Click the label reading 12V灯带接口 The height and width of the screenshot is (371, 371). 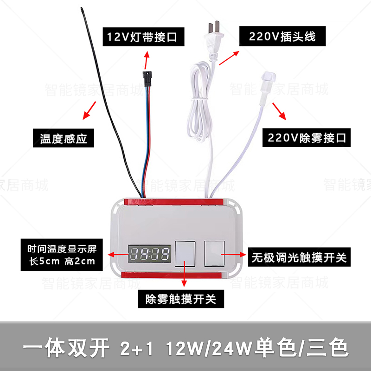(x=142, y=36)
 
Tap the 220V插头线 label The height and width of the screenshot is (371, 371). (x=281, y=36)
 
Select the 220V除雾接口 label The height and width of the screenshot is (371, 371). (x=306, y=138)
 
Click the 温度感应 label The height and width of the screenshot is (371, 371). (x=60, y=138)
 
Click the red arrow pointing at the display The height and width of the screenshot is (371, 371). (x=115, y=255)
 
